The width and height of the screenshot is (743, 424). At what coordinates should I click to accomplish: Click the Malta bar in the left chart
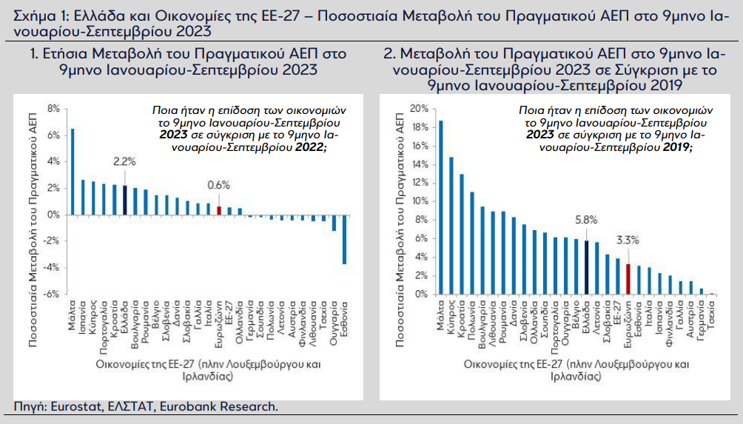(73, 172)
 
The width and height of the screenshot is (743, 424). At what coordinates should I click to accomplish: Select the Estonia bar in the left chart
(345, 239)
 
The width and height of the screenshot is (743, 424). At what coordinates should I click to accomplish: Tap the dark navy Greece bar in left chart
(124, 200)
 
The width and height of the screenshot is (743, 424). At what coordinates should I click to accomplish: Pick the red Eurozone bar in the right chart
(628, 279)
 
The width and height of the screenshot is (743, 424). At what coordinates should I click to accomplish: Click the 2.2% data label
(124, 161)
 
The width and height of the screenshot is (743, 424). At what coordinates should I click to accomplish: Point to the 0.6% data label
(218, 185)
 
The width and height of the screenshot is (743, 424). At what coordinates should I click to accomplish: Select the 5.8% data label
(586, 220)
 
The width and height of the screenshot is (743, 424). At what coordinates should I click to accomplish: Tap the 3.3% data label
(628, 240)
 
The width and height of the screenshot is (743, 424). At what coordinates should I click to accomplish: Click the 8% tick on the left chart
(53, 109)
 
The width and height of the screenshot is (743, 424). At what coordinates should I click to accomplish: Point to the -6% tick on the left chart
(52, 295)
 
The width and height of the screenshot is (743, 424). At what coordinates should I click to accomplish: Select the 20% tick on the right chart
(418, 109)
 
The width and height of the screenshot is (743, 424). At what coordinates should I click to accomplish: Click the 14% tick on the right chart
(419, 164)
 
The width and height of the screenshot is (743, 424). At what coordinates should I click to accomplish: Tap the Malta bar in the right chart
(440, 207)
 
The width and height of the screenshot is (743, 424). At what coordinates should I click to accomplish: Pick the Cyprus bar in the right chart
(451, 226)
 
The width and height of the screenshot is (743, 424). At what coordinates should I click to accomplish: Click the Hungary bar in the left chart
(334, 223)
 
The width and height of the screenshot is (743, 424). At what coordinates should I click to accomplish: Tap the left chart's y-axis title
(33, 230)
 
